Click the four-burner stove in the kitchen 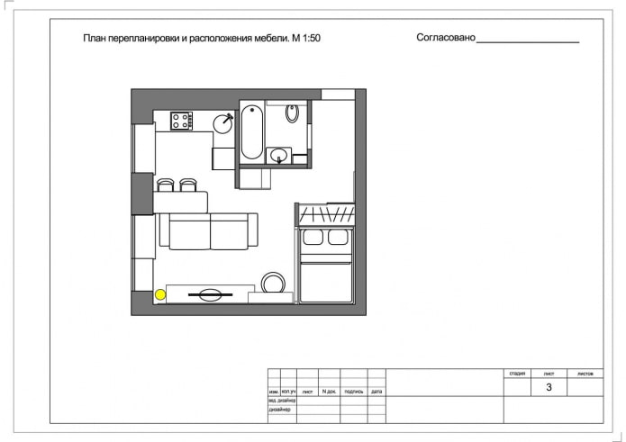pos(181,120)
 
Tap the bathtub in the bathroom pos(251,133)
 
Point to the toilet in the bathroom pos(293,113)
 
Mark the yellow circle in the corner pos(160,293)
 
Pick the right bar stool pos(188,185)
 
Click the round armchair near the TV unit pos(273,283)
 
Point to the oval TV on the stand pos(210,293)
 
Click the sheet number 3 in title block pos(549,388)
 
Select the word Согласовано pos(445,39)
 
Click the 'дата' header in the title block pos(377,392)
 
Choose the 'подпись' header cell pos(353,392)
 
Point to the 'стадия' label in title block pos(517,372)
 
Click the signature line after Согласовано pos(527,41)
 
